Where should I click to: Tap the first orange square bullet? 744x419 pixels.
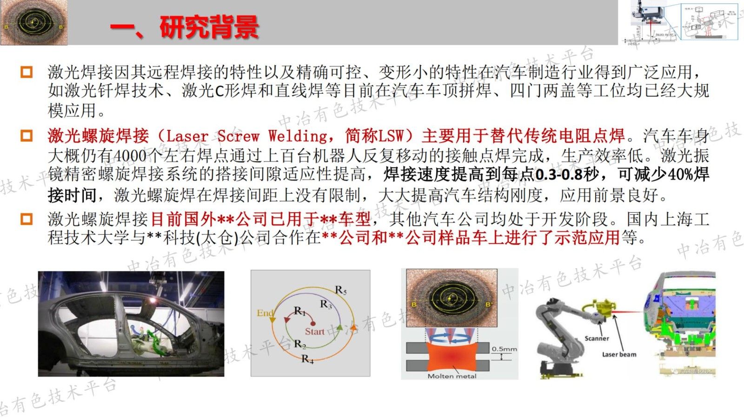(27, 73)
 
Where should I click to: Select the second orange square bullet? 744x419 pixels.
(27, 136)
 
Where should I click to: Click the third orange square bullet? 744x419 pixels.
(27, 219)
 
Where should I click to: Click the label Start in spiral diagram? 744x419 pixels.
(314, 331)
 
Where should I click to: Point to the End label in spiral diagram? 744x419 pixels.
(265, 313)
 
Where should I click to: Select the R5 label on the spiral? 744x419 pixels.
(341, 291)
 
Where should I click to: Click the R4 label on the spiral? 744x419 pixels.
(307, 359)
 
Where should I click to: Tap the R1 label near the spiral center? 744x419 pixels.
(299, 311)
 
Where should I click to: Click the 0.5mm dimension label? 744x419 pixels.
(504, 349)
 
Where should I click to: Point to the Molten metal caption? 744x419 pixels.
(452, 376)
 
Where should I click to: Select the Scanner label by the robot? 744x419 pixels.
(597, 338)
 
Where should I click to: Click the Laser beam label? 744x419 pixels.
(619, 354)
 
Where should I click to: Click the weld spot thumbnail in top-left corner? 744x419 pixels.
(33, 22)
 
